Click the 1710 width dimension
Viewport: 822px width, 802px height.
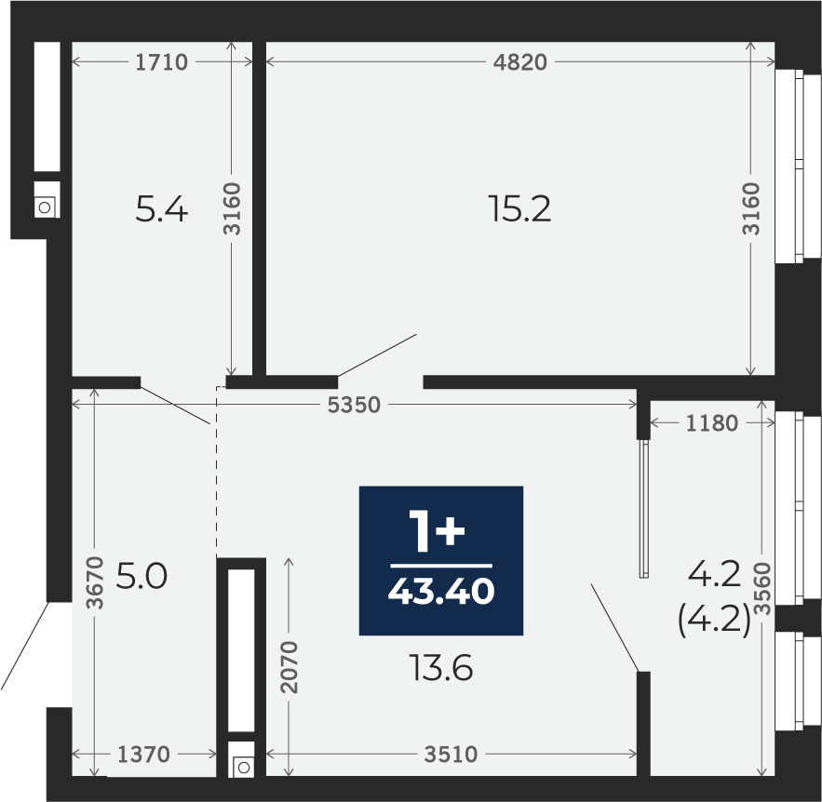[x=161, y=62]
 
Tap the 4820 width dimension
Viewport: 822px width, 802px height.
[x=520, y=62]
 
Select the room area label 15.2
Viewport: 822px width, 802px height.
[x=519, y=208]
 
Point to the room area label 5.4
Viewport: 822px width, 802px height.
[x=161, y=208]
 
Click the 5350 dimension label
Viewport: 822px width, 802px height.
[x=354, y=405]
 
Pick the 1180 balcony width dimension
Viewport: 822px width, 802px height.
[x=712, y=422]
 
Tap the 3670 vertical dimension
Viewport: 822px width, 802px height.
[x=95, y=582]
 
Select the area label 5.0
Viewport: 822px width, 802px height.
[x=141, y=576]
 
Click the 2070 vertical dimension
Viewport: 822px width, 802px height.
[x=289, y=667]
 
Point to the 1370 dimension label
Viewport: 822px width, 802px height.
[x=143, y=755]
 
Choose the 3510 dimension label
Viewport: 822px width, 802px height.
[x=451, y=755]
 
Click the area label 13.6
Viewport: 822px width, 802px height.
[x=442, y=668]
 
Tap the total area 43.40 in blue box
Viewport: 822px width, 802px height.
[x=441, y=592]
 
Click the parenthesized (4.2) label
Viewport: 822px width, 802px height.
[x=714, y=621]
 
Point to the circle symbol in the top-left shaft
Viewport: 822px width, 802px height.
[x=45, y=207]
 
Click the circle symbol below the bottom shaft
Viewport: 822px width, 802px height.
[x=243, y=768]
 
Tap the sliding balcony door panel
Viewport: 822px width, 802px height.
[x=644, y=509]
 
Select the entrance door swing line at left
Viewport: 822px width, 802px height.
[x=25, y=646]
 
